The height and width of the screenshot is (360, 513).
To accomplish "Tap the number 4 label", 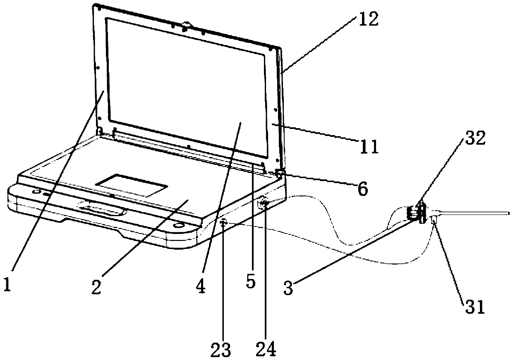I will [201, 287].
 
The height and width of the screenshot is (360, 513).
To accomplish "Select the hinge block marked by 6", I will [280, 174].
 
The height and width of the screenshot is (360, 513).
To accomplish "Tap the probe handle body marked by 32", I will [417, 213].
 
